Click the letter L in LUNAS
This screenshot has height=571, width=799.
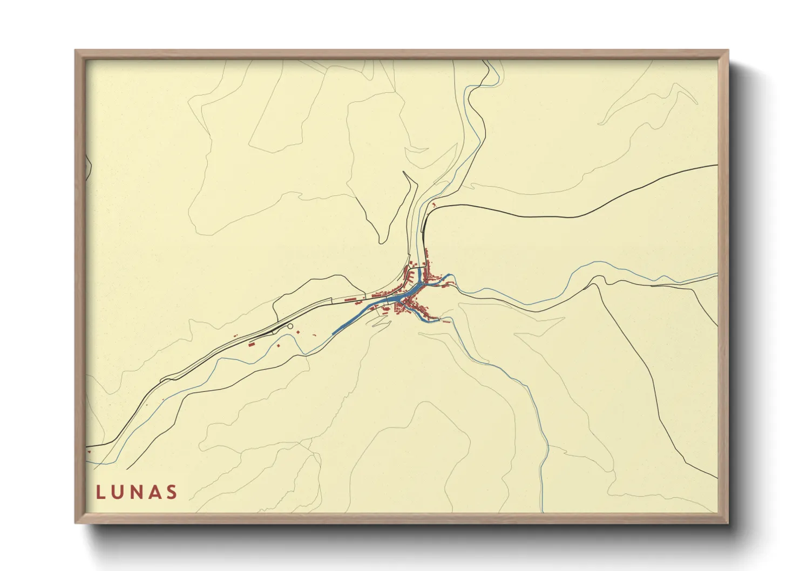(100, 492)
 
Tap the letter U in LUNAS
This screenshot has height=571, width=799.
(118, 492)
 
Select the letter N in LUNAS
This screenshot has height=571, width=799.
(137, 492)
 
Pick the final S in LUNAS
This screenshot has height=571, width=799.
(172, 492)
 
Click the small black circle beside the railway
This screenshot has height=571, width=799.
(290, 326)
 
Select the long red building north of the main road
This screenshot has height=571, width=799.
(350, 298)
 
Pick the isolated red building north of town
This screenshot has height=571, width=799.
(434, 205)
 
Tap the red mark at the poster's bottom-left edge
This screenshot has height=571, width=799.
(89, 451)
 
